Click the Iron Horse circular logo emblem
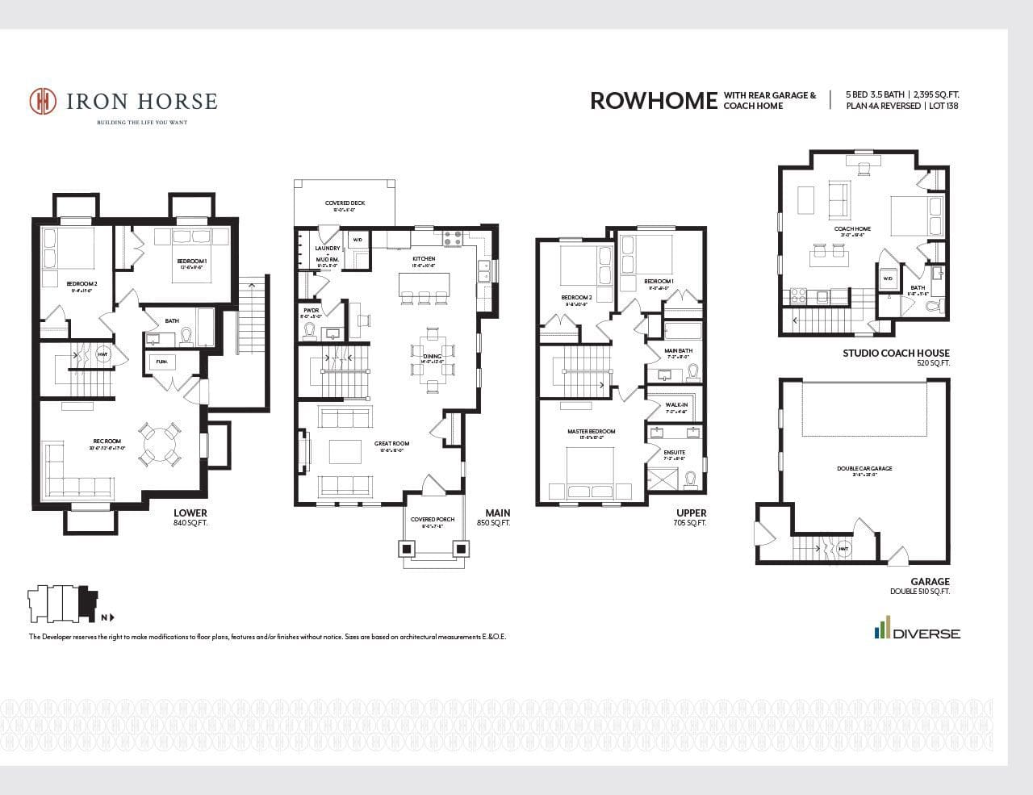click(44, 101)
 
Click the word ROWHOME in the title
click(653, 100)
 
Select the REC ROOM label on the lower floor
click(107, 441)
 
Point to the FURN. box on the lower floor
click(161, 362)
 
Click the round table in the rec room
click(158, 444)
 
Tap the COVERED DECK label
click(345, 203)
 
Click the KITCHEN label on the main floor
click(423, 259)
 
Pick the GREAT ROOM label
click(391, 443)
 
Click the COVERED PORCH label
click(432, 519)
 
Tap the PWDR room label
click(312, 310)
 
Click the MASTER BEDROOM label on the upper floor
click(591, 431)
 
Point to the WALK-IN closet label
click(676, 404)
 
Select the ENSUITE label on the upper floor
click(674, 452)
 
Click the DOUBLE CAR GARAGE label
click(864, 468)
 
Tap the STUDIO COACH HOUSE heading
click(896, 353)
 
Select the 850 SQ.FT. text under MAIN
click(493, 523)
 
